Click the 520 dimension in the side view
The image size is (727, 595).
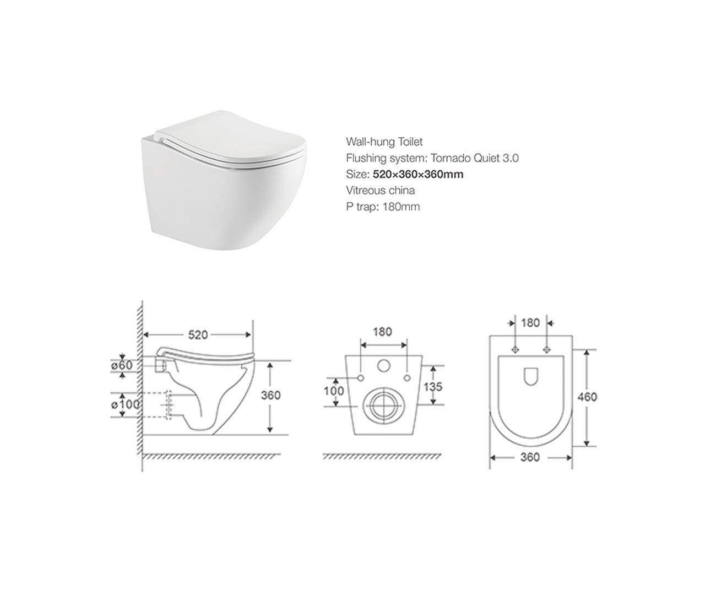coord(198,334)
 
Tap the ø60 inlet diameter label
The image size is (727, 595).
coord(122,365)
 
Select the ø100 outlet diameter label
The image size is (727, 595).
coord(125,404)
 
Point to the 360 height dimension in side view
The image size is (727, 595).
coord(270,395)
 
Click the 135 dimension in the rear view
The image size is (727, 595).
coord(432,387)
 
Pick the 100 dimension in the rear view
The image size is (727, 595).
coord(334,391)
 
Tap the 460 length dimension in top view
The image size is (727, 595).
coord(587,397)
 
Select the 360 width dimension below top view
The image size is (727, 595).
coord(530,457)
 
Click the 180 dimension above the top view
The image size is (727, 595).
coord(530,323)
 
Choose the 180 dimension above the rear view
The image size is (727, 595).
coord(382,332)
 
